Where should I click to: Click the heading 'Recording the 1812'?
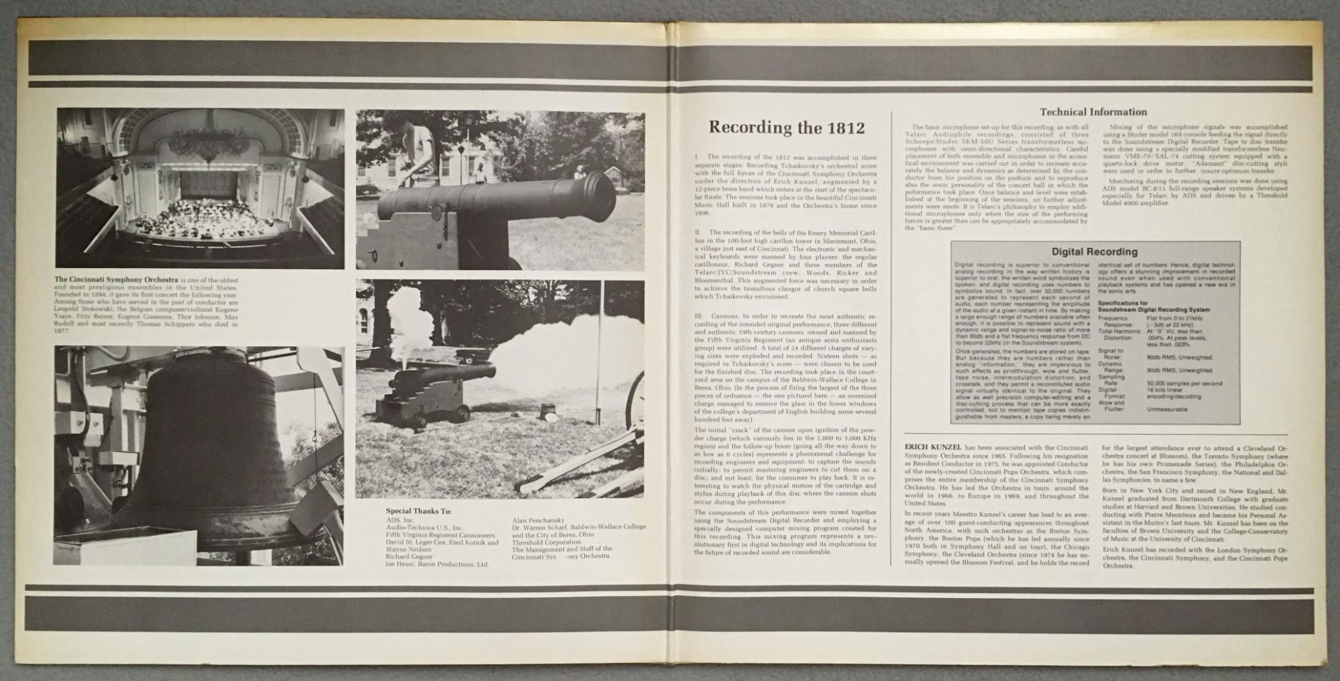787,128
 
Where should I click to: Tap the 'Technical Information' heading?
1093,112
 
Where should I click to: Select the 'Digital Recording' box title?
1094,252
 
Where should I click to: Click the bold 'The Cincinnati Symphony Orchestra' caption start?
115,280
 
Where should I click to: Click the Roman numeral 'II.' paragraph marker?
699,232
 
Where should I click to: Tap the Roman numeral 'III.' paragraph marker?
700,316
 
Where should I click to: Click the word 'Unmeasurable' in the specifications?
1166,410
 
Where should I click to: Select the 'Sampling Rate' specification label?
1111,380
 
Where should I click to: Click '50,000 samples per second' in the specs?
1184,384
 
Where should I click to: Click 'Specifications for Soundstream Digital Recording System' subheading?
1154,306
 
